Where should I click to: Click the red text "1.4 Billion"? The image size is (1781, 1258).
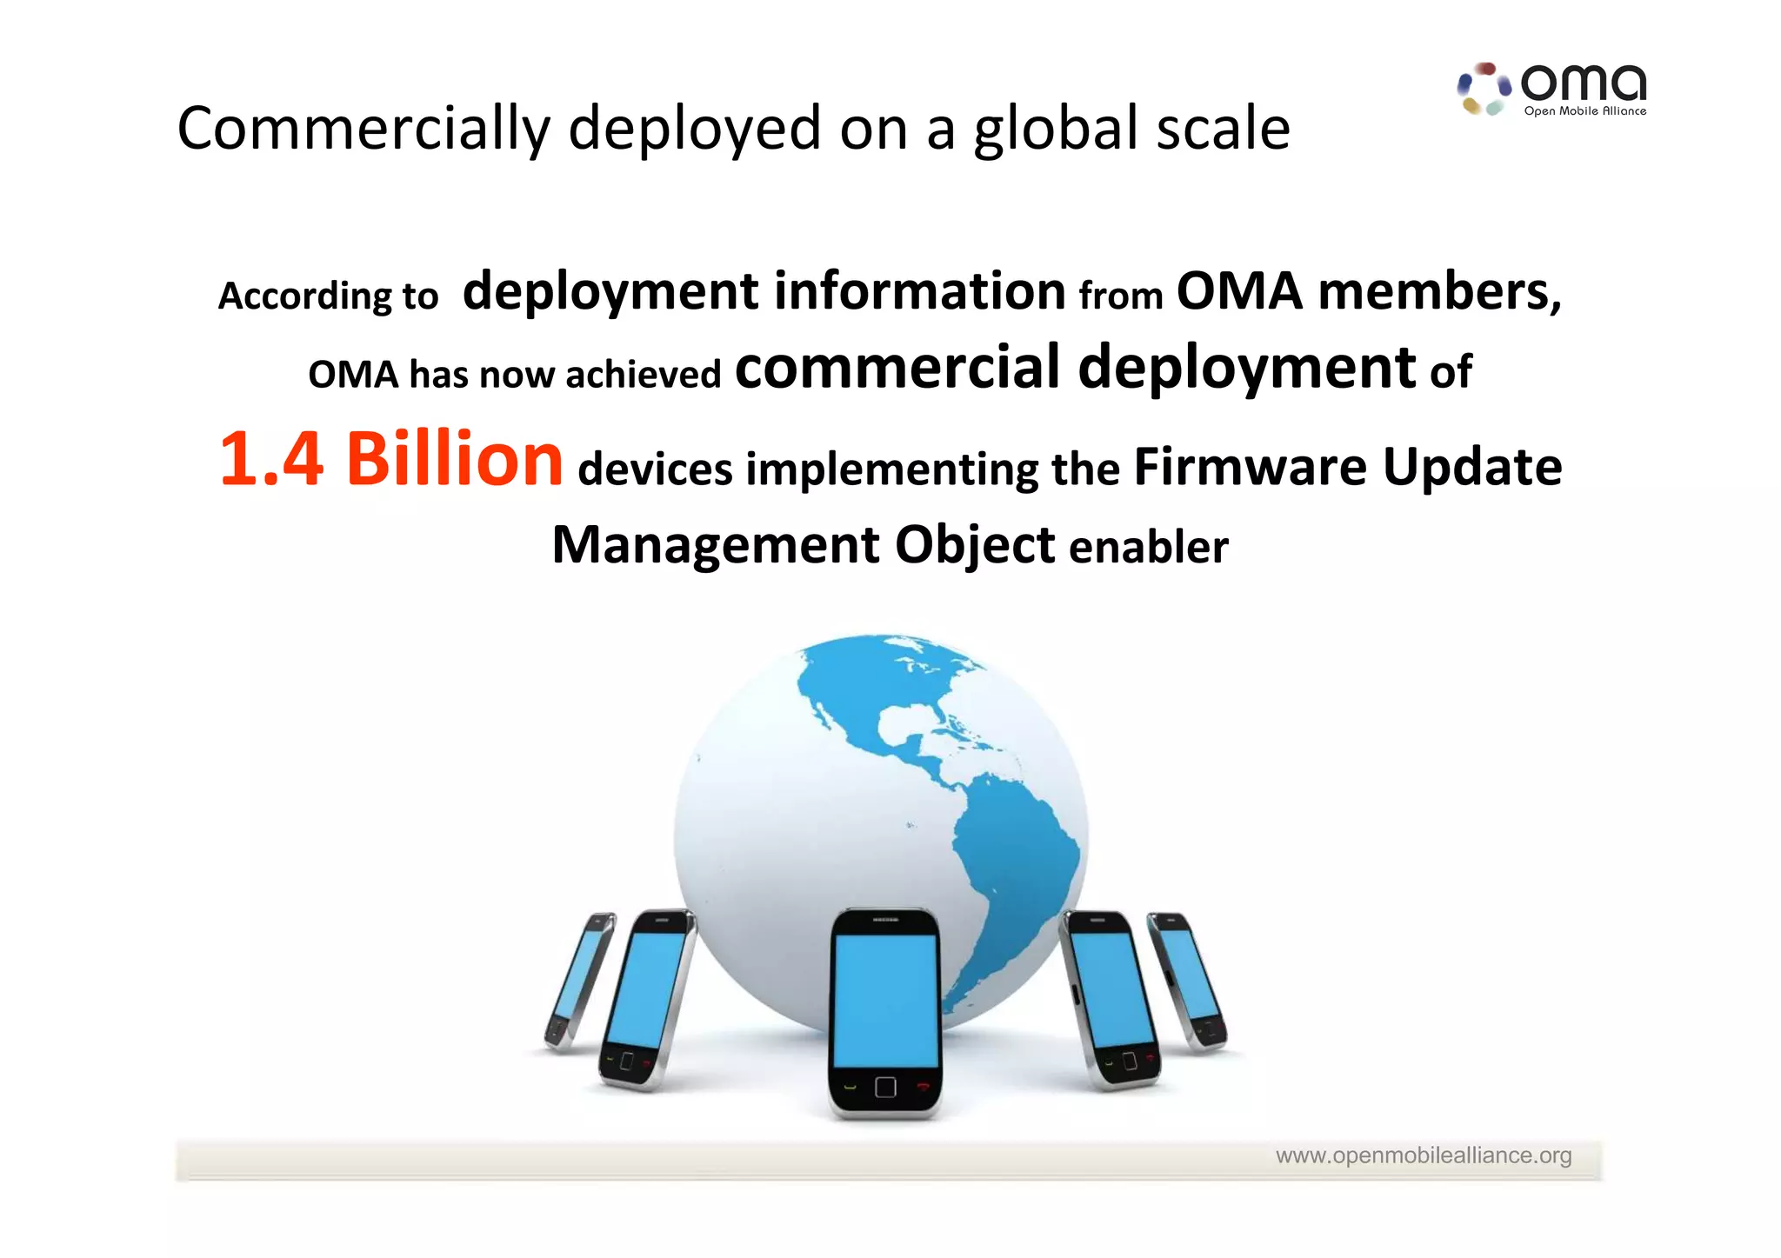click(391, 459)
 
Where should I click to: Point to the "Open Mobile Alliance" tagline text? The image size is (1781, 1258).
click(1584, 111)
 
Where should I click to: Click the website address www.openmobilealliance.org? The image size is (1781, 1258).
click(1423, 1155)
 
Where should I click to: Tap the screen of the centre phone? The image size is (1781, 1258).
click(885, 1000)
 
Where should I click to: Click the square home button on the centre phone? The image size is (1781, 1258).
click(885, 1087)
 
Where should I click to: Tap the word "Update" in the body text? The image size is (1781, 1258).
click(1471, 467)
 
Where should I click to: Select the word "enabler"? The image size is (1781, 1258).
click(1148, 548)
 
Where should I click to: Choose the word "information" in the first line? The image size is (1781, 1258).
click(919, 291)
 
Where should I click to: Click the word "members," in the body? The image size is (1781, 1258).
click(1439, 291)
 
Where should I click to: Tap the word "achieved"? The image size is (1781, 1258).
click(643, 375)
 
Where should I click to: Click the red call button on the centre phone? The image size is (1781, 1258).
click(923, 1086)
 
